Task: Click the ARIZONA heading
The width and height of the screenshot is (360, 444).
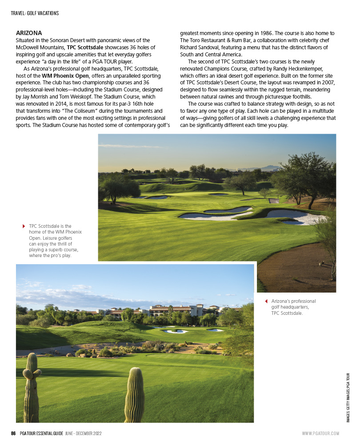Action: coord(29,33)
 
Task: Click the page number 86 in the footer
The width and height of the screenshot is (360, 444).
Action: coord(14,433)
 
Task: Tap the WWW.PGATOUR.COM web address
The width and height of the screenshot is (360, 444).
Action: coord(320,433)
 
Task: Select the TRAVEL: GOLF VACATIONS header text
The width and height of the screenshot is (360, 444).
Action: coord(35,13)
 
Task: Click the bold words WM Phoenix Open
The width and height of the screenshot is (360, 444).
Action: coord(65,76)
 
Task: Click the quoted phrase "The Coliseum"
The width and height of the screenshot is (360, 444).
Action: coord(73,111)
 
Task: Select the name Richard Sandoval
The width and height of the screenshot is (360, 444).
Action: coord(200,48)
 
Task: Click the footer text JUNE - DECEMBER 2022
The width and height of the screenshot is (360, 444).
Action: coord(84,433)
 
